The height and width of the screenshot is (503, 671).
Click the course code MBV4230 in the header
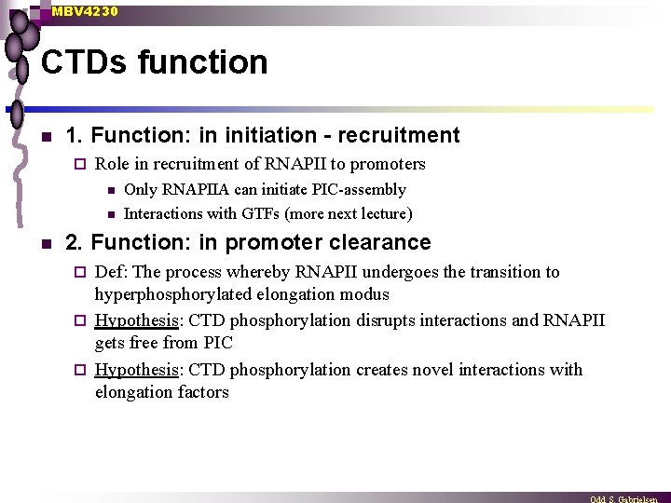(x=85, y=11)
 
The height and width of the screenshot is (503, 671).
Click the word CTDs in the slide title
(x=84, y=62)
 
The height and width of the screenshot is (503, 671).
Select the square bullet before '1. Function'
(x=44, y=137)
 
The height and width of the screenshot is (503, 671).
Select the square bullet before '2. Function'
(x=44, y=244)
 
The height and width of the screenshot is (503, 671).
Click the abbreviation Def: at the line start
(x=112, y=272)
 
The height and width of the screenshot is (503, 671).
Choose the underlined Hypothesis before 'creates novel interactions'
(x=137, y=370)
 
